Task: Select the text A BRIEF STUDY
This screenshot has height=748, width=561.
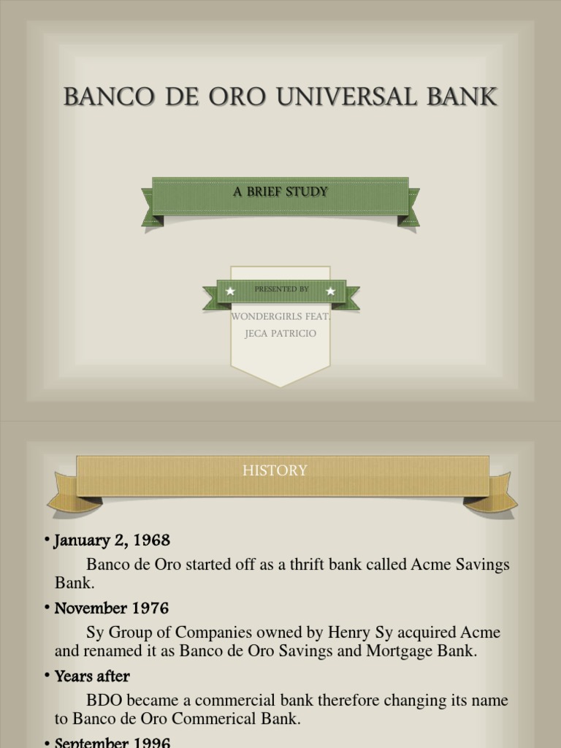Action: click(280, 192)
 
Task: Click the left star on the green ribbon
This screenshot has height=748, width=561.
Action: click(231, 291)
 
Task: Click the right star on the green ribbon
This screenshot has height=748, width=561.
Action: click(330, 291)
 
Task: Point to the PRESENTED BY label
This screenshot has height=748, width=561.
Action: click(281, 289)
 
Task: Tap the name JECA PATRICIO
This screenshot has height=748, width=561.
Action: click(280, 334)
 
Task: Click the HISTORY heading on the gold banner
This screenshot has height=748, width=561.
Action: click(275, 471)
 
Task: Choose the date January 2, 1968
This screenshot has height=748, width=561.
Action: click(112, 541)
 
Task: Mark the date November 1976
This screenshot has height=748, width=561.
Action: click(112, 608)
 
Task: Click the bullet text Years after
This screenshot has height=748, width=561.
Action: click(92, 676)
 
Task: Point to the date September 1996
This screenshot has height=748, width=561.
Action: click(112, 742)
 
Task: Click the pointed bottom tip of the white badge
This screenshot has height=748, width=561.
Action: click(280, 384)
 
